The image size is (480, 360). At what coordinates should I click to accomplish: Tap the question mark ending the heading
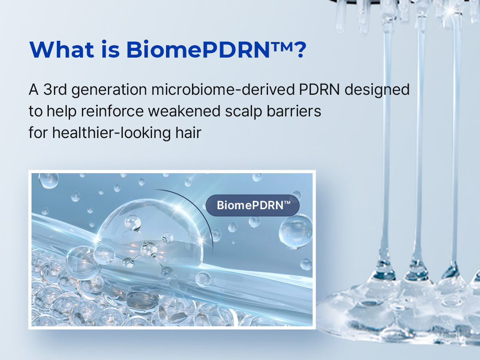pos(299,50)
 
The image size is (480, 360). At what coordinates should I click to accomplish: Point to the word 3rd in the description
pos(55,90)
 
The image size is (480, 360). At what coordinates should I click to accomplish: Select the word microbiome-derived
pos(223,90)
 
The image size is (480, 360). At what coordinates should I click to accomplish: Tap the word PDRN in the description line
pos(319,90)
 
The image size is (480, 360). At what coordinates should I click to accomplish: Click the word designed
pos(377,90)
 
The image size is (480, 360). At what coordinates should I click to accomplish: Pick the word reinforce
pos(112,111)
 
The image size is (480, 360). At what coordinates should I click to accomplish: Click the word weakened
pos(184,111)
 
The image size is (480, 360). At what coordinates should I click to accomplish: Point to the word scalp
pos(244,112)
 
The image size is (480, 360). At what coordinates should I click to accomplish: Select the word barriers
pos(294,111)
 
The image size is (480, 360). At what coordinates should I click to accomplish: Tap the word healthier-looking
pos(112,133)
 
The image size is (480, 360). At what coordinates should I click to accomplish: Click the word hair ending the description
pos(188,132)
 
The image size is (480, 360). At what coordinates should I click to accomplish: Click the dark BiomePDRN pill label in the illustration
pos(252,206)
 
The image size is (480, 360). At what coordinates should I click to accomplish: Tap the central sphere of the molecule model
pos(149,250)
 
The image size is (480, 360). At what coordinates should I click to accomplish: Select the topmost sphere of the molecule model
pos(133,223)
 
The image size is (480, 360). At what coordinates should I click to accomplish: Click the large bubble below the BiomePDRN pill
pos(296,232)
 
